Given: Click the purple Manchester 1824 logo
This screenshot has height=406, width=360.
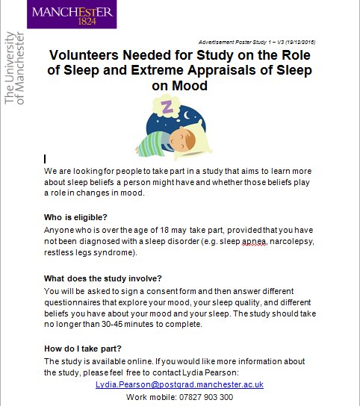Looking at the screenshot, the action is click(x=72, y=14).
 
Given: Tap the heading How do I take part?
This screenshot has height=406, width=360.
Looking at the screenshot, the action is click(x=84, y=349).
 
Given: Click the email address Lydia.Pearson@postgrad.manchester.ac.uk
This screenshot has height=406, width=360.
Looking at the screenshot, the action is click(x=179, y=384).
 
